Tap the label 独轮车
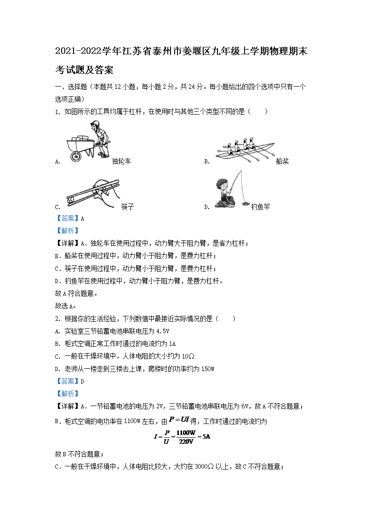point(121,161)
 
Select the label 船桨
point(282,161)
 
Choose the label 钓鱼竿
point(261,207)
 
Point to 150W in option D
point(207,369)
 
